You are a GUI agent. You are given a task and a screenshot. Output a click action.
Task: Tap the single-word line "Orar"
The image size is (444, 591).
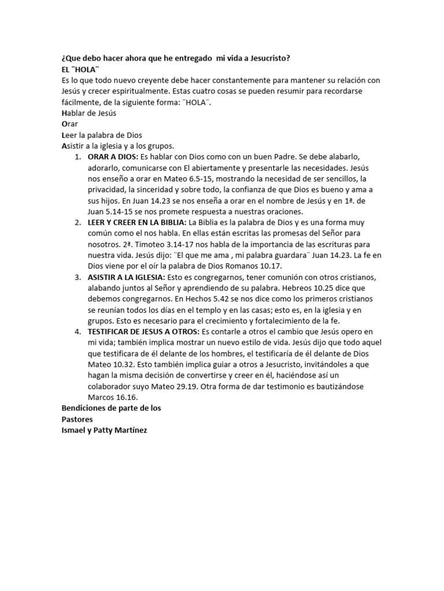click(69, 124)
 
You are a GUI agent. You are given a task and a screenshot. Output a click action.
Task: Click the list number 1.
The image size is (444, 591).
click(77, 157)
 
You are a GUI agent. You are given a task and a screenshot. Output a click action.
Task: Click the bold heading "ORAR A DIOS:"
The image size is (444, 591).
click(112, 157)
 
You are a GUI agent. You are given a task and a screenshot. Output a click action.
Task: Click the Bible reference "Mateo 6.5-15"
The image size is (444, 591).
click(165, 179)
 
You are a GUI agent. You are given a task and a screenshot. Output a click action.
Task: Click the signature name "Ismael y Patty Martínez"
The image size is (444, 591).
click(104, 430)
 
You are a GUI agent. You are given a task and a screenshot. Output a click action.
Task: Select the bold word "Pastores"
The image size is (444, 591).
click(77, 419)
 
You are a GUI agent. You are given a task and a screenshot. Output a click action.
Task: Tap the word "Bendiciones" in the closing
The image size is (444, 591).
click(84, 408)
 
